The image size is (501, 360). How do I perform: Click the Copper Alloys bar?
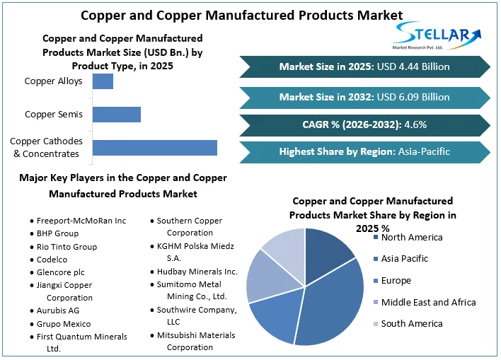103,81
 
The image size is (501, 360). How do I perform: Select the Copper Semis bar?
117,115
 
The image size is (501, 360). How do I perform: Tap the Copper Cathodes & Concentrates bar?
154,148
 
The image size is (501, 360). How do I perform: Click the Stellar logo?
438,35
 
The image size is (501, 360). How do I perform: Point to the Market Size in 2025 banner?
364,66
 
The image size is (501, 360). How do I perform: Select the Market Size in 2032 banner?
364,97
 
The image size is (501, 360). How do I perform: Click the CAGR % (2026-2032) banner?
364,124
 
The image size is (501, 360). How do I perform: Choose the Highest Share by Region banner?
364,151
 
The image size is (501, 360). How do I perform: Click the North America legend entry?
411,238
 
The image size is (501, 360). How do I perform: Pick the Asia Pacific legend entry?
404,259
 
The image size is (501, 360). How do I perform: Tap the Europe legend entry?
396,281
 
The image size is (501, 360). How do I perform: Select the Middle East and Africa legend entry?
428,303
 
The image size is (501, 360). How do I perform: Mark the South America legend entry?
411,324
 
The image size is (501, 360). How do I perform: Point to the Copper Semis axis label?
54,115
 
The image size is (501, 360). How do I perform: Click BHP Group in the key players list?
57,233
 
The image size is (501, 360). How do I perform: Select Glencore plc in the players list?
60,272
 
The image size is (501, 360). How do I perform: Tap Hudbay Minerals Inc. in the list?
197,272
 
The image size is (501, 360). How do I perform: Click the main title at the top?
241,15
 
